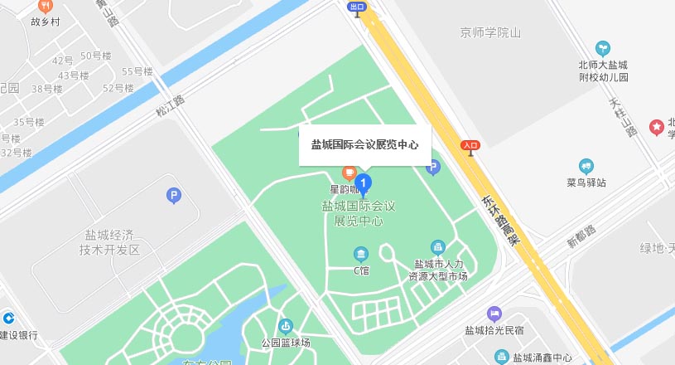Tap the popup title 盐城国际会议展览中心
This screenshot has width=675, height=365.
[x=364, y=144]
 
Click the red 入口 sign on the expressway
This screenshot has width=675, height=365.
[x=470, y=145]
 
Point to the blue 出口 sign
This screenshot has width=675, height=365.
[x=358, y=7]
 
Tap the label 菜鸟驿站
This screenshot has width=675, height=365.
[x=587, y=182]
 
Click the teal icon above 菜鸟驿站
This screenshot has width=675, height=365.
[x=587, y=166]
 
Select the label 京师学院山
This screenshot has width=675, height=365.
[x=490, y=33]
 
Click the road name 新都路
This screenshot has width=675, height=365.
[x=581, y=236]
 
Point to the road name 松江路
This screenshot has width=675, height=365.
[x=170, y=105]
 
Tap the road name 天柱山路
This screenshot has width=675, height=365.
[x=623, y=118]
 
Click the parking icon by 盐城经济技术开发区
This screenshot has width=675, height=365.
[x=173, y=196]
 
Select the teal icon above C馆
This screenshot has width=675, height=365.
[x=360, y=254]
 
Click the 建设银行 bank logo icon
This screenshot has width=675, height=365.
[x=7, y=318]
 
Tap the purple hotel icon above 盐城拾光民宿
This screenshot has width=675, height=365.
[x=494, y=314]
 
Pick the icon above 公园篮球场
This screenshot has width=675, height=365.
[x=286, y=326]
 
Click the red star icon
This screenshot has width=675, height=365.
[x=657, y=127]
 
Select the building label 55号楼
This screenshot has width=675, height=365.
[x=137, y=71]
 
